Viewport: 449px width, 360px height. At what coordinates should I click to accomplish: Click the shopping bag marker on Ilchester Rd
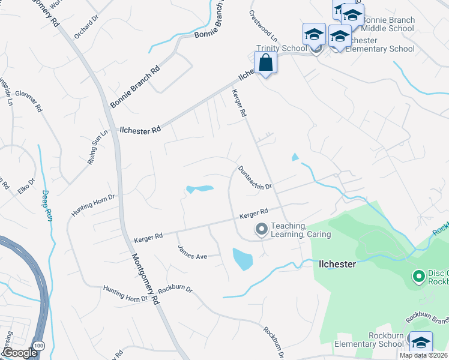265,62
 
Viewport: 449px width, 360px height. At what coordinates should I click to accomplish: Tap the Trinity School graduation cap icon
314,35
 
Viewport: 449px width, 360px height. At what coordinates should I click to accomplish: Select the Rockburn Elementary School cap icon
421,343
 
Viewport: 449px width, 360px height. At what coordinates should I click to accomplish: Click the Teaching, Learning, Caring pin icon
262,229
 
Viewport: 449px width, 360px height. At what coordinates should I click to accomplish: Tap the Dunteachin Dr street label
255,178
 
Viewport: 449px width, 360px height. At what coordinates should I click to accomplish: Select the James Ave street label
191,252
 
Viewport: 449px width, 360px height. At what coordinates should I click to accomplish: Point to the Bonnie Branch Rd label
136,86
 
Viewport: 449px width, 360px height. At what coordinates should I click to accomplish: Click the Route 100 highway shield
39,346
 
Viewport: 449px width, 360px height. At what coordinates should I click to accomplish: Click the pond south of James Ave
242,259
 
